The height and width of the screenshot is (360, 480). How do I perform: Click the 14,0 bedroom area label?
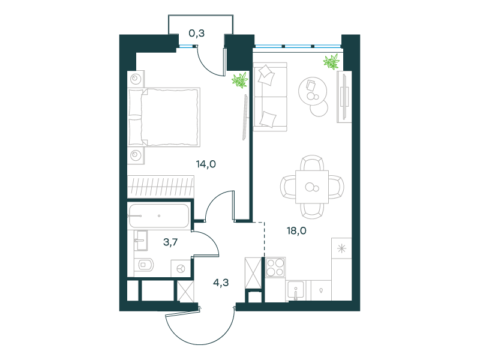206,164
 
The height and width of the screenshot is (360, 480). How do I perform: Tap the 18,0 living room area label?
296,230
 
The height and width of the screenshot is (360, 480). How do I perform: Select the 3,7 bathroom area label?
170,242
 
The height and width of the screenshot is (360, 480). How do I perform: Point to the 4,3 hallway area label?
221,283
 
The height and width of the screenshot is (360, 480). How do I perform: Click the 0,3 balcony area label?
197,33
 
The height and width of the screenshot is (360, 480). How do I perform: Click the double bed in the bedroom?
164,117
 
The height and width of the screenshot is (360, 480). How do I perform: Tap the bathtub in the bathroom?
158,216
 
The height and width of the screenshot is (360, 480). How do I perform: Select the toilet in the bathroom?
145,265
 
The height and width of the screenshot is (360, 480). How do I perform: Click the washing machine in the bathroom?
181,269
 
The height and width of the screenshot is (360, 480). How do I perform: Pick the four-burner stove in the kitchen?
275,267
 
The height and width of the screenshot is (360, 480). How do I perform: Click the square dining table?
312,187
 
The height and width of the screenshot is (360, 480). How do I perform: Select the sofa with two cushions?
271,97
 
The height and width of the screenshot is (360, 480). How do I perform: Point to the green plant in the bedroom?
239,80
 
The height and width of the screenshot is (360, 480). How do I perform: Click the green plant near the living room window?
331,62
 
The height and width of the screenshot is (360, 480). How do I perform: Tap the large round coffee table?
313,91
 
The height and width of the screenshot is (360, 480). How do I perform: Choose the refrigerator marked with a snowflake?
341,248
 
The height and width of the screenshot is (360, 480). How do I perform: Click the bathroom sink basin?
141,241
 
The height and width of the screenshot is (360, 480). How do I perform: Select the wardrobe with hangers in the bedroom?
161,186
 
